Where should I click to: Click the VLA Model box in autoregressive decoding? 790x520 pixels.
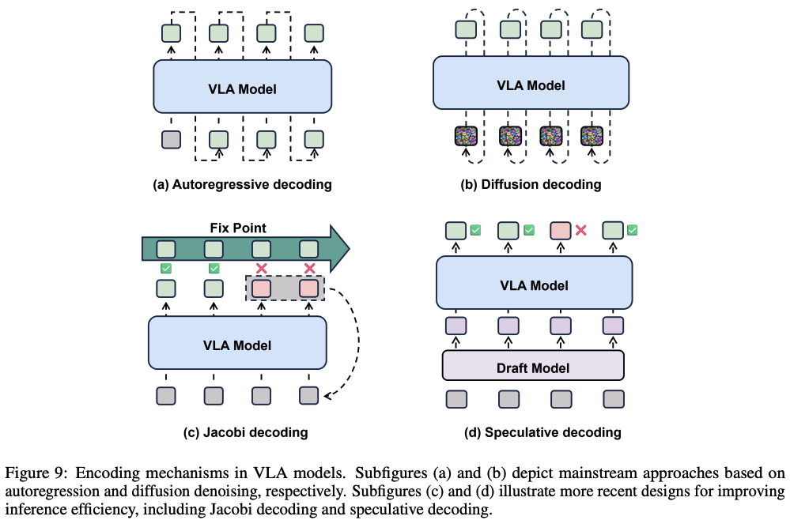(x=242, y=89)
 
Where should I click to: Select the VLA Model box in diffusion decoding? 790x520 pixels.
(x=530, y=84)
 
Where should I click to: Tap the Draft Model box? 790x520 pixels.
(x=533, y=368)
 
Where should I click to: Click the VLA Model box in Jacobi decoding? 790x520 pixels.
(x=237, y=345)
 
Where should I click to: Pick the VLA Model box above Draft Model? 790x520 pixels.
(x=534, y=284)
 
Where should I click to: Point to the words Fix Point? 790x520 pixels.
(x=237, y=228)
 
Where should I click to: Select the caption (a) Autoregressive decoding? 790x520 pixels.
(x=242, y=185)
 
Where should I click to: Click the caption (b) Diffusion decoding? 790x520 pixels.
(x=531, y=185)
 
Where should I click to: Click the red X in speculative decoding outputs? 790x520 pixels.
(x=580, y=230)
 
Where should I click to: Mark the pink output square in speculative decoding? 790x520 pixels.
(x=560, y=231)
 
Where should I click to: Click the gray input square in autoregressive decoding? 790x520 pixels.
(x=171, y=140)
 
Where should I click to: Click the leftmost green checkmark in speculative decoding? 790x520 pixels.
(x=476, y=230)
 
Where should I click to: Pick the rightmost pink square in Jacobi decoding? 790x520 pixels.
(x=309, y=288)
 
